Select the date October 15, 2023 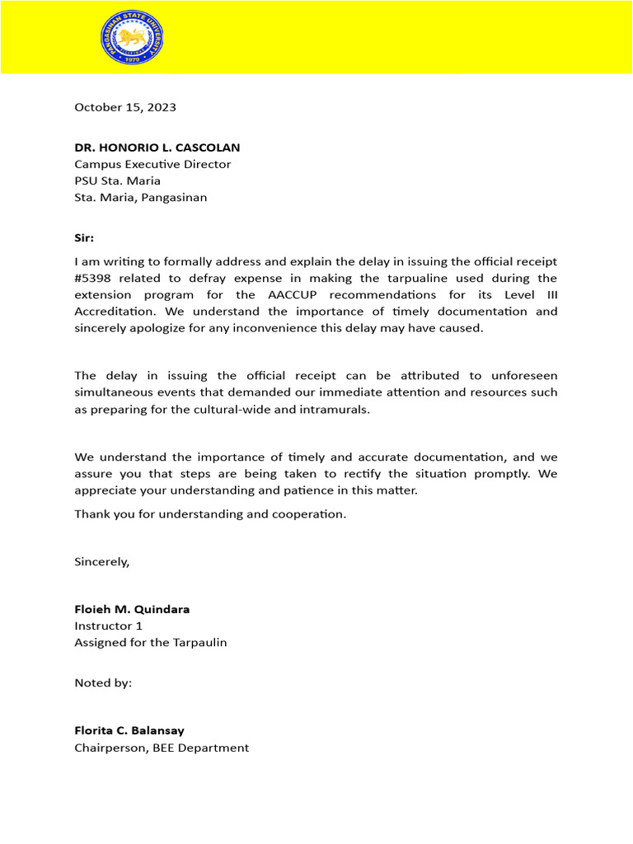point(125,107)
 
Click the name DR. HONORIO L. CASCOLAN point(157,148)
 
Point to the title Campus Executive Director point(152,164)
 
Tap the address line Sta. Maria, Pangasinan point(141,197)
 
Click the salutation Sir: point(84,237)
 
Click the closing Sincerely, point(102,561)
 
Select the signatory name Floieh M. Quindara point(132,609)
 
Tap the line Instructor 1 point(108,626)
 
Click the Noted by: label point(103,682)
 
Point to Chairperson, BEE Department point(162,748)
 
